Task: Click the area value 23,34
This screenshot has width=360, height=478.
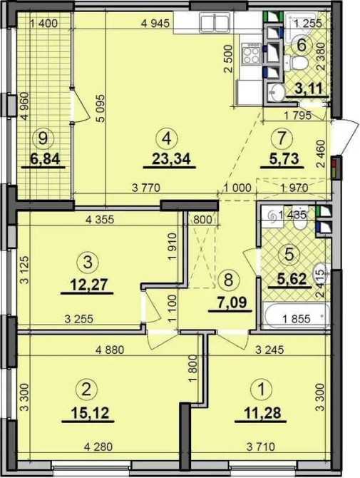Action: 171,159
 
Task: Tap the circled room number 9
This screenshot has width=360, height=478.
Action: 43,138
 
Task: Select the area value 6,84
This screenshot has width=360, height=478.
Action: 44,158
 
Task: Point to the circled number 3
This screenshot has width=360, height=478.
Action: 88,262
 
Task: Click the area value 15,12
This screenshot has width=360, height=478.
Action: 90,413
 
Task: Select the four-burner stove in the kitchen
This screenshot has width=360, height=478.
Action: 252,54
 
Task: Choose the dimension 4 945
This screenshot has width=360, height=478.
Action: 155,24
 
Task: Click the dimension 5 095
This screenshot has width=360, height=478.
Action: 101,108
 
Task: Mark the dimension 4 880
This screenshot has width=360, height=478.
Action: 110,350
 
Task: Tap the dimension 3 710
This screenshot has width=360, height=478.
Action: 261,447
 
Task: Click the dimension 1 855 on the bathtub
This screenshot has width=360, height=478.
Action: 297,319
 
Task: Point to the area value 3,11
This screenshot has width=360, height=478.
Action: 309,89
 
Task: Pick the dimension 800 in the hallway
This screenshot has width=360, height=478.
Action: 202,220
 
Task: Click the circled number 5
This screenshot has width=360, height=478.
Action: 289,254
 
